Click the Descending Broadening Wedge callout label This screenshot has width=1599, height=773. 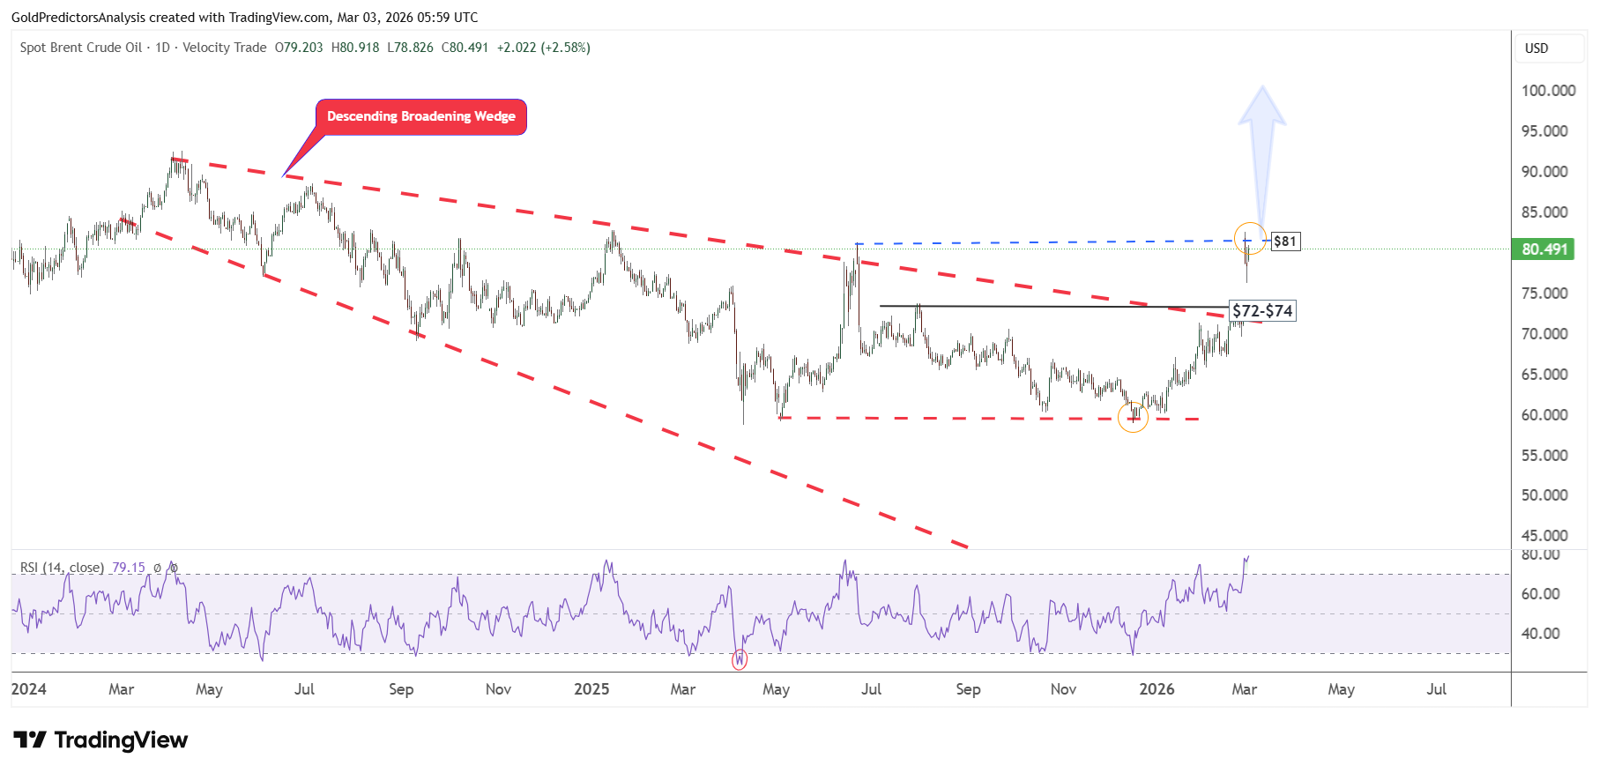421,116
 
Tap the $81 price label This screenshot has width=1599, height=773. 1285,242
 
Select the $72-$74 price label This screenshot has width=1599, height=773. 1262,311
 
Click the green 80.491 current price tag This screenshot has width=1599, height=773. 1545,249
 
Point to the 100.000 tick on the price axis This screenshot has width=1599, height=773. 1549,91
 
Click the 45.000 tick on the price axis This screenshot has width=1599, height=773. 1544,535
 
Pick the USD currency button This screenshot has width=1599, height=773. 1536,48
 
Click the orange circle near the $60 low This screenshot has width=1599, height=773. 1133,417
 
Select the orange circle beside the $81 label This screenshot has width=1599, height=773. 1250,239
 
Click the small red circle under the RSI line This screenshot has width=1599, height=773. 740,659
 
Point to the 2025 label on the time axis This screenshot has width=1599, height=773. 591,689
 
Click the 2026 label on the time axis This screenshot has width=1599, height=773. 1156,689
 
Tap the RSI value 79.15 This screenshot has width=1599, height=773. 129,568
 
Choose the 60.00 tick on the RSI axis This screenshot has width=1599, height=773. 1541,594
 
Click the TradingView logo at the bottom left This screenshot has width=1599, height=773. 100,740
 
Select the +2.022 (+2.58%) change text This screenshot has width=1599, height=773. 544,48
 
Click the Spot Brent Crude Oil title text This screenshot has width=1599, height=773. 81,48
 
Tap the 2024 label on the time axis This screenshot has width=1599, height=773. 28,689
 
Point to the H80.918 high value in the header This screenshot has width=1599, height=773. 355,48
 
